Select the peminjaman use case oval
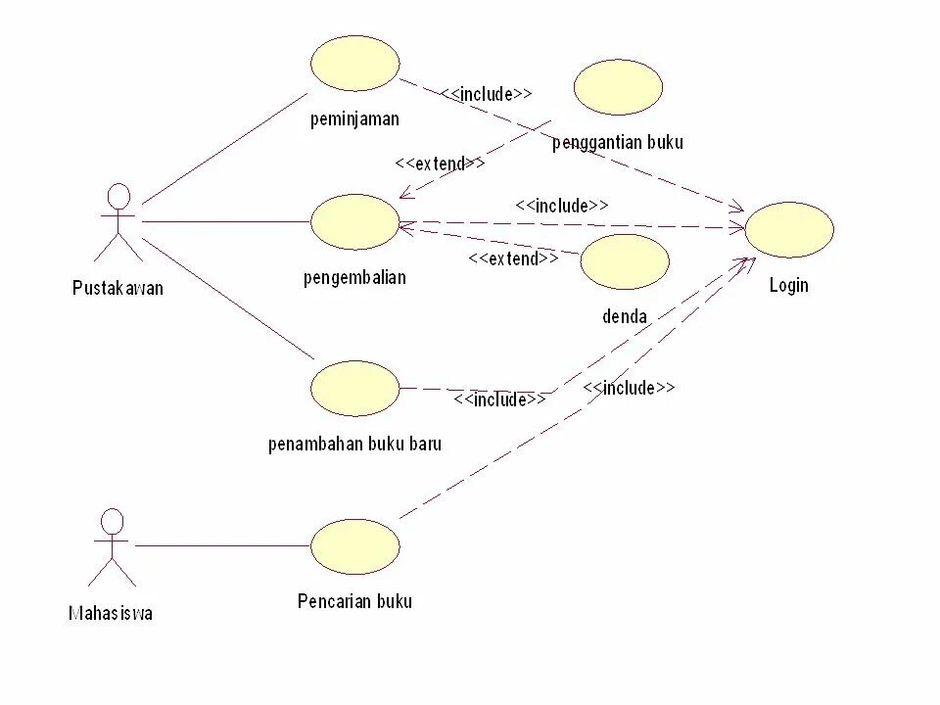[x=355, y=64]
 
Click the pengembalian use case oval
[x=355, y=221]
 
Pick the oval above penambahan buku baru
[x=355, y=388]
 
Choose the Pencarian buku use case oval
[x=355, y=545]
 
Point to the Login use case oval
[x=789, y=230]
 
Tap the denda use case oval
[x=625, y=261]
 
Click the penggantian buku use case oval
[x=618, y=87]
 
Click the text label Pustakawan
[x=117, y=288]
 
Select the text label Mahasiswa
[x=111, y=614]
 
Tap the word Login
[x=789, y=285]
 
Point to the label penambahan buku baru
[x=354, y=444]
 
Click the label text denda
[x=625, y=316]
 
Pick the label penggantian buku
[x=618, y=142]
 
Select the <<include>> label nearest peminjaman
[x=486, y=94]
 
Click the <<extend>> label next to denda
[x=512, y=258]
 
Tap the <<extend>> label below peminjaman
[x=440, y=164]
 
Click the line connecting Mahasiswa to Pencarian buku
[x=223, y=545]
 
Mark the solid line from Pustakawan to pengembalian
[x=225, y=221]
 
